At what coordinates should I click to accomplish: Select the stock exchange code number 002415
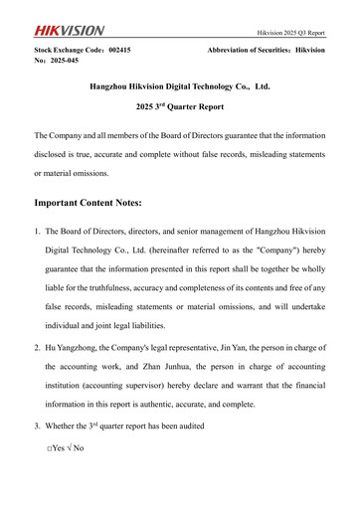120,48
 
